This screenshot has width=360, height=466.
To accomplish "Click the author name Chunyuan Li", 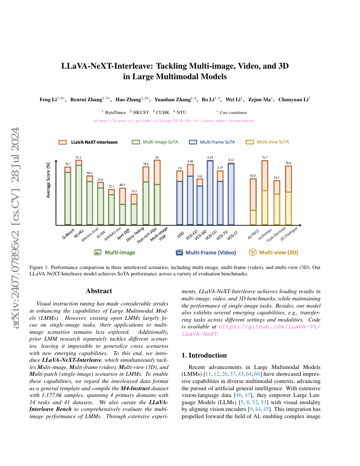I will pyautogui.click(x=294, y=100).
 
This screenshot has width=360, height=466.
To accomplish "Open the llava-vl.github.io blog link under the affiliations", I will pyautogui.click(x=174, y=120).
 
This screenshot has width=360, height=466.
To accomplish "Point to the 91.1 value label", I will pyautogui.click(x=79, y=158).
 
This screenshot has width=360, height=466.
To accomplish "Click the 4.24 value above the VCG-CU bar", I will pyautogui.click(x=210, y=158).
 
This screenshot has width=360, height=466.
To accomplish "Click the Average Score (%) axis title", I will pyautogui.click(x=48, y=180).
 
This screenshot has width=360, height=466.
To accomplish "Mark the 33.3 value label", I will pyautogui.click(x=134, y=191).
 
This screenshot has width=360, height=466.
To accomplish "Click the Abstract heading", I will pyautogui.click(x=99, y=291).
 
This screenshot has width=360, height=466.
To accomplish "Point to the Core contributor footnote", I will pyautogui.click(x=233, y=113).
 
